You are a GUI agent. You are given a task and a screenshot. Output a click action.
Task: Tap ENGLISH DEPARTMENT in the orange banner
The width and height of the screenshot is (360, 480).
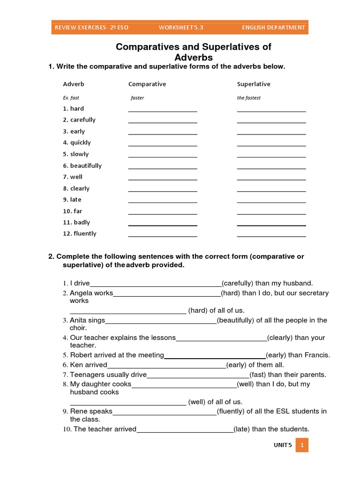(273, 28)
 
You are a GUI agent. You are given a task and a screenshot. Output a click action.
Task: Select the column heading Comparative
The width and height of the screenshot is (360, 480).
(147, 84)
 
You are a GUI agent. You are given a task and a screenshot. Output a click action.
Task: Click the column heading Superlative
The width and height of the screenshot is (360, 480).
(254, 84)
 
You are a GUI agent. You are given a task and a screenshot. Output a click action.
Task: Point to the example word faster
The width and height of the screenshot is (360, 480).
(137, 98)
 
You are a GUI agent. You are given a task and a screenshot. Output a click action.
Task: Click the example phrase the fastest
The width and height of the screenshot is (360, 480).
(249, 98)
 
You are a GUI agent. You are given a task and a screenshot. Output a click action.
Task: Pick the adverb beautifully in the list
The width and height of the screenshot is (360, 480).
(86, 165)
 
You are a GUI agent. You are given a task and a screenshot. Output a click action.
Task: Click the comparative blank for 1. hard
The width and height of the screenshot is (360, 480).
(163, 110)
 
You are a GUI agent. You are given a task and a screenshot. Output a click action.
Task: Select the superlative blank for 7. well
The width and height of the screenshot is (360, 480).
(271, 178)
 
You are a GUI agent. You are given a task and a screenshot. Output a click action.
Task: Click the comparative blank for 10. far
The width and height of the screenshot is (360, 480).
(163, 212)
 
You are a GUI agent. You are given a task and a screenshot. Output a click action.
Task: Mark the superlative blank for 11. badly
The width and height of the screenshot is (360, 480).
(271, 224)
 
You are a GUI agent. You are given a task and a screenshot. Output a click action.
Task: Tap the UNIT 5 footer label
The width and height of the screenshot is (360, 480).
(283, 445)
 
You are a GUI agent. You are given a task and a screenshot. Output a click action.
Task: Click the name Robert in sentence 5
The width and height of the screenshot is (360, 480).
(82, 355)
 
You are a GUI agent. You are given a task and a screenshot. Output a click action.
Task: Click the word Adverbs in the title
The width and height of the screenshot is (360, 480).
(194, 58)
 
